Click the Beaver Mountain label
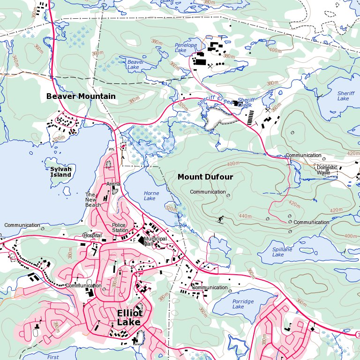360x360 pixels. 81,96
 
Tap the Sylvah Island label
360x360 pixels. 61,172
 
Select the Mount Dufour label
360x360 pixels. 205,177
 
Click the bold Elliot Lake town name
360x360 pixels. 129,318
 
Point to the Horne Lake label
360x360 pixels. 151,196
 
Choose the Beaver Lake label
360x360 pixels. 135,64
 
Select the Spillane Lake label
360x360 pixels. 282,252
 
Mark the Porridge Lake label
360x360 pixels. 242,304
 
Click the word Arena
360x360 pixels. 113,184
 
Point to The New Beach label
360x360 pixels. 93,200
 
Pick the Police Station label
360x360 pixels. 120,228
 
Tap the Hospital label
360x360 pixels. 92,235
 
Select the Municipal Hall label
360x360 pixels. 155,241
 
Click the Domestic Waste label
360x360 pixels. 326,170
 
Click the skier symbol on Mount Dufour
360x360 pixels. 220,219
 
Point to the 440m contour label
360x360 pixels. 245,216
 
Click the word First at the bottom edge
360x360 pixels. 53,357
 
